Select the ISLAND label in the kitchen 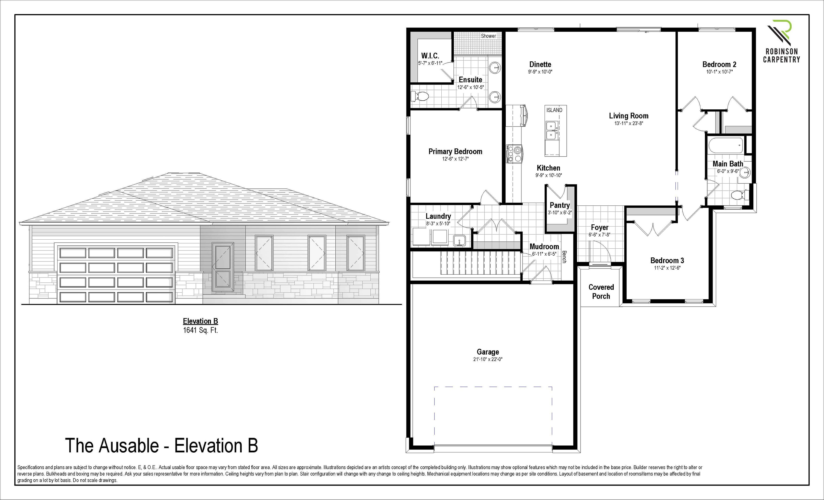click(554, 110)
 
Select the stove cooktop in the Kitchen click(514, 154)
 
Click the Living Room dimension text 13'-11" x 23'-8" click(629, 123)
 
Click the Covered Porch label click(601, 292)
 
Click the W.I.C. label click(430, 56)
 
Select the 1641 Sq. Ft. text click(200, 330)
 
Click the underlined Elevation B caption click(200, 321)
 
